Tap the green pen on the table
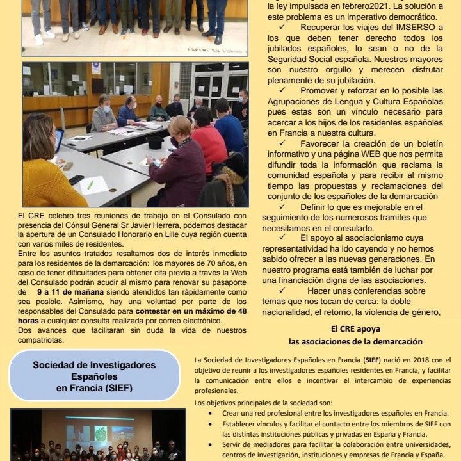[x=89, y=186]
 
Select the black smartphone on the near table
[x=76, y=180]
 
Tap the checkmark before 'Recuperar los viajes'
[x=283, y=28]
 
